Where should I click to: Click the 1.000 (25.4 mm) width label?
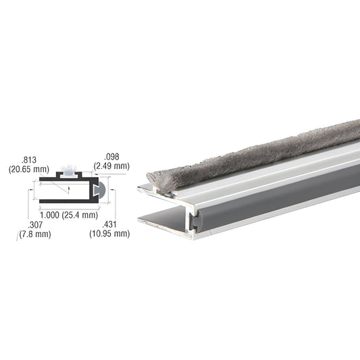pos(66,215)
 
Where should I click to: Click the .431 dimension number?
pos(109,224)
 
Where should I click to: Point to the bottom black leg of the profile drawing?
pos(64,201)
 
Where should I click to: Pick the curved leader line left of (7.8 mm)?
pos(18,236)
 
